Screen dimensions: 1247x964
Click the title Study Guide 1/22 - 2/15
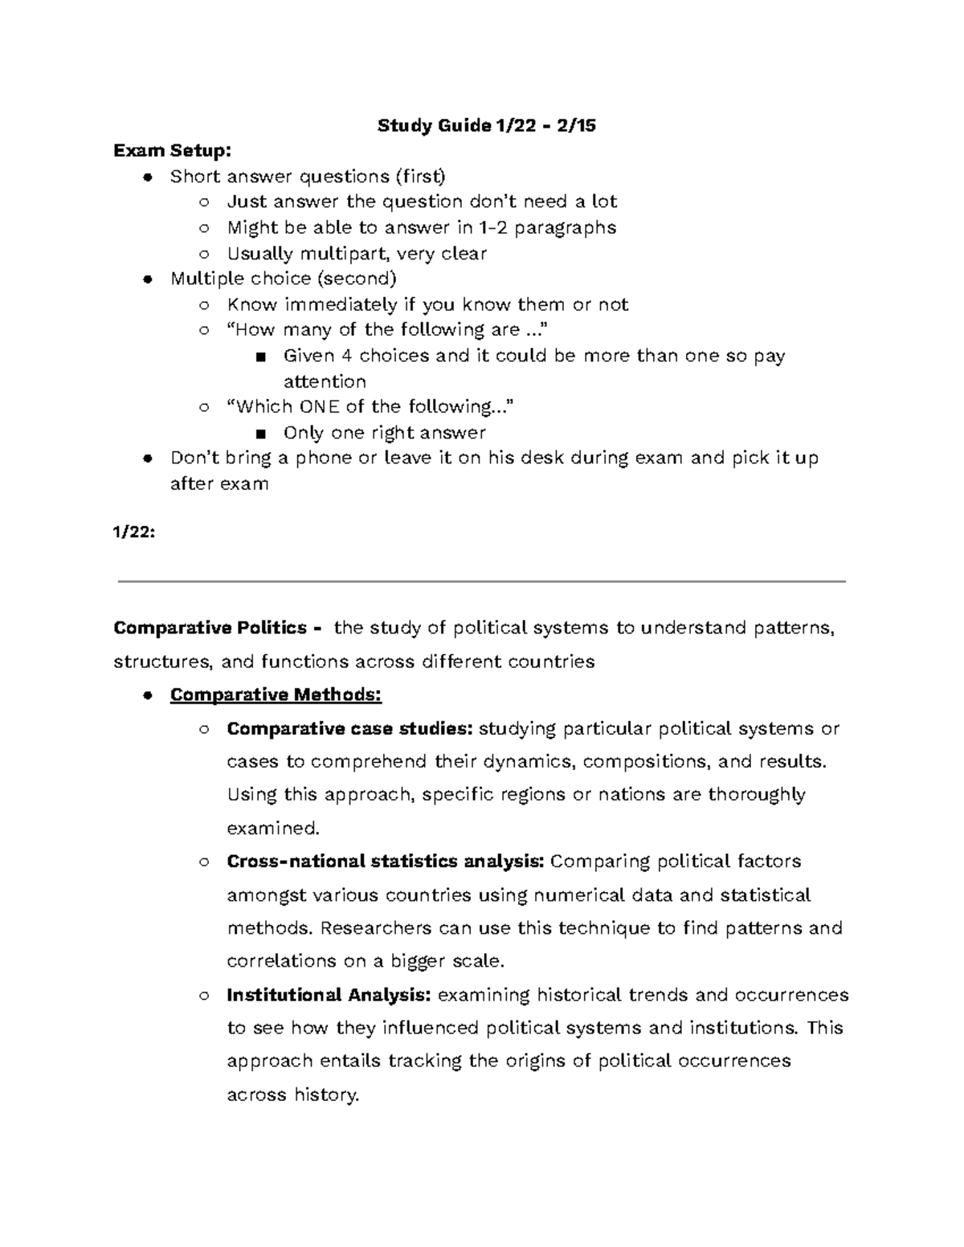(x=487, y=125)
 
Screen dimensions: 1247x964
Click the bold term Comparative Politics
(x=210, y=628)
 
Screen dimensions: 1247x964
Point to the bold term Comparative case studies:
(x=350, y=729)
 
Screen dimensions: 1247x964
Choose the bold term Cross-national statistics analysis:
(x=386, y=862)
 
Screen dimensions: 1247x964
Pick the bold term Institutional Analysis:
(x=329, y=996)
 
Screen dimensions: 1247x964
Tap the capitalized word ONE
(x=320, y=407)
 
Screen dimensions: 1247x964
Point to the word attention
(x=325, y=381)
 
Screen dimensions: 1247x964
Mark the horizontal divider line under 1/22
(x=481, y=581)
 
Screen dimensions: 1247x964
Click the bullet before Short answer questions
(x=146, y=177)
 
